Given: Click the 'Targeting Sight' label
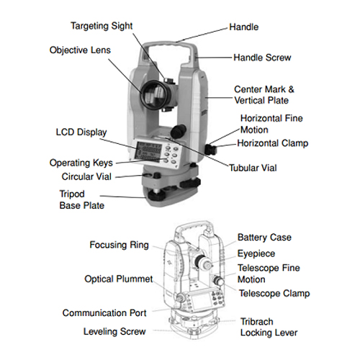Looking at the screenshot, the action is click(102, 26).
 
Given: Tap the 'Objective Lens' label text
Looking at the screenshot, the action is click(80, 50).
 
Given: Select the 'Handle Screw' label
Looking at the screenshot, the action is click(262, 58).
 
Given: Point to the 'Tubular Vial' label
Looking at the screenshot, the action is click(253, 168).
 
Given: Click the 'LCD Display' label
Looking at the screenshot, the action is click(81, 132).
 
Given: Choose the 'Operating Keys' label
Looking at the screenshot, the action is click(81, 163).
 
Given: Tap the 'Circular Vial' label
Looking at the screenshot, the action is click(86, 176).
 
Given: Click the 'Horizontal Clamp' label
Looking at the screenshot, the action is click(273, 143).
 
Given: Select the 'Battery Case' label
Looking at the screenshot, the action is click(264, 238).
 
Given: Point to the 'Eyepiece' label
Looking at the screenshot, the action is click(256, 253).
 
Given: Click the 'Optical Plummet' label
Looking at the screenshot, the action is click(119, 279).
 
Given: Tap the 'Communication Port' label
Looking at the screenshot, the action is click(104, 313).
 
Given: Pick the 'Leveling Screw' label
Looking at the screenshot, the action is click(114, 332).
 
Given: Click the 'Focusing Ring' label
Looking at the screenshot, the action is click(119, 245).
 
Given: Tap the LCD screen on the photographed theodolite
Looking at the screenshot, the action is click(149, 150).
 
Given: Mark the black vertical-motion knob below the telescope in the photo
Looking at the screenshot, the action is click(179, 130).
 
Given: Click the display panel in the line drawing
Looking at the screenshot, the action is click(201, 302).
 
